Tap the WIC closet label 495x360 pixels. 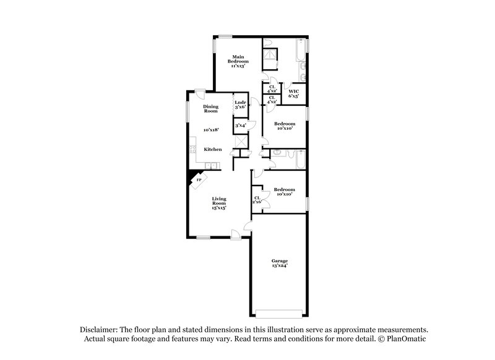click(294, 94)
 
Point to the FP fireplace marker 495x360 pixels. click(199, 180)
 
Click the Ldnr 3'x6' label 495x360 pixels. click(240, 105)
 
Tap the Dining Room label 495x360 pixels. click(211, 108)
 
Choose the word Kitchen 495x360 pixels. click(213, 150)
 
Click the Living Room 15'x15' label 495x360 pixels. click(219, 204)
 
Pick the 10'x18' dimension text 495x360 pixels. click(212, 130)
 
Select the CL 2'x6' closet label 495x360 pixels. click(257, 199)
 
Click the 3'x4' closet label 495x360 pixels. click(240, 126)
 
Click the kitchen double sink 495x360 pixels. click(212, 165)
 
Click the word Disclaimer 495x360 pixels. click(99, 330)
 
